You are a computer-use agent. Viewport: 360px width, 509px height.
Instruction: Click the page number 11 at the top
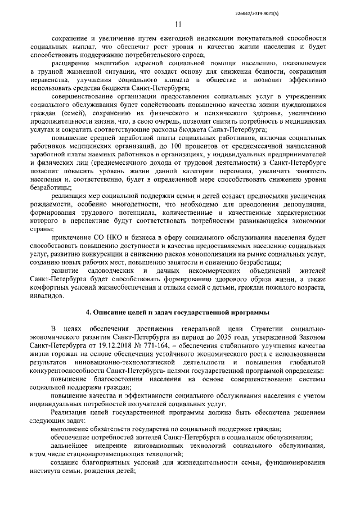178,24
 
